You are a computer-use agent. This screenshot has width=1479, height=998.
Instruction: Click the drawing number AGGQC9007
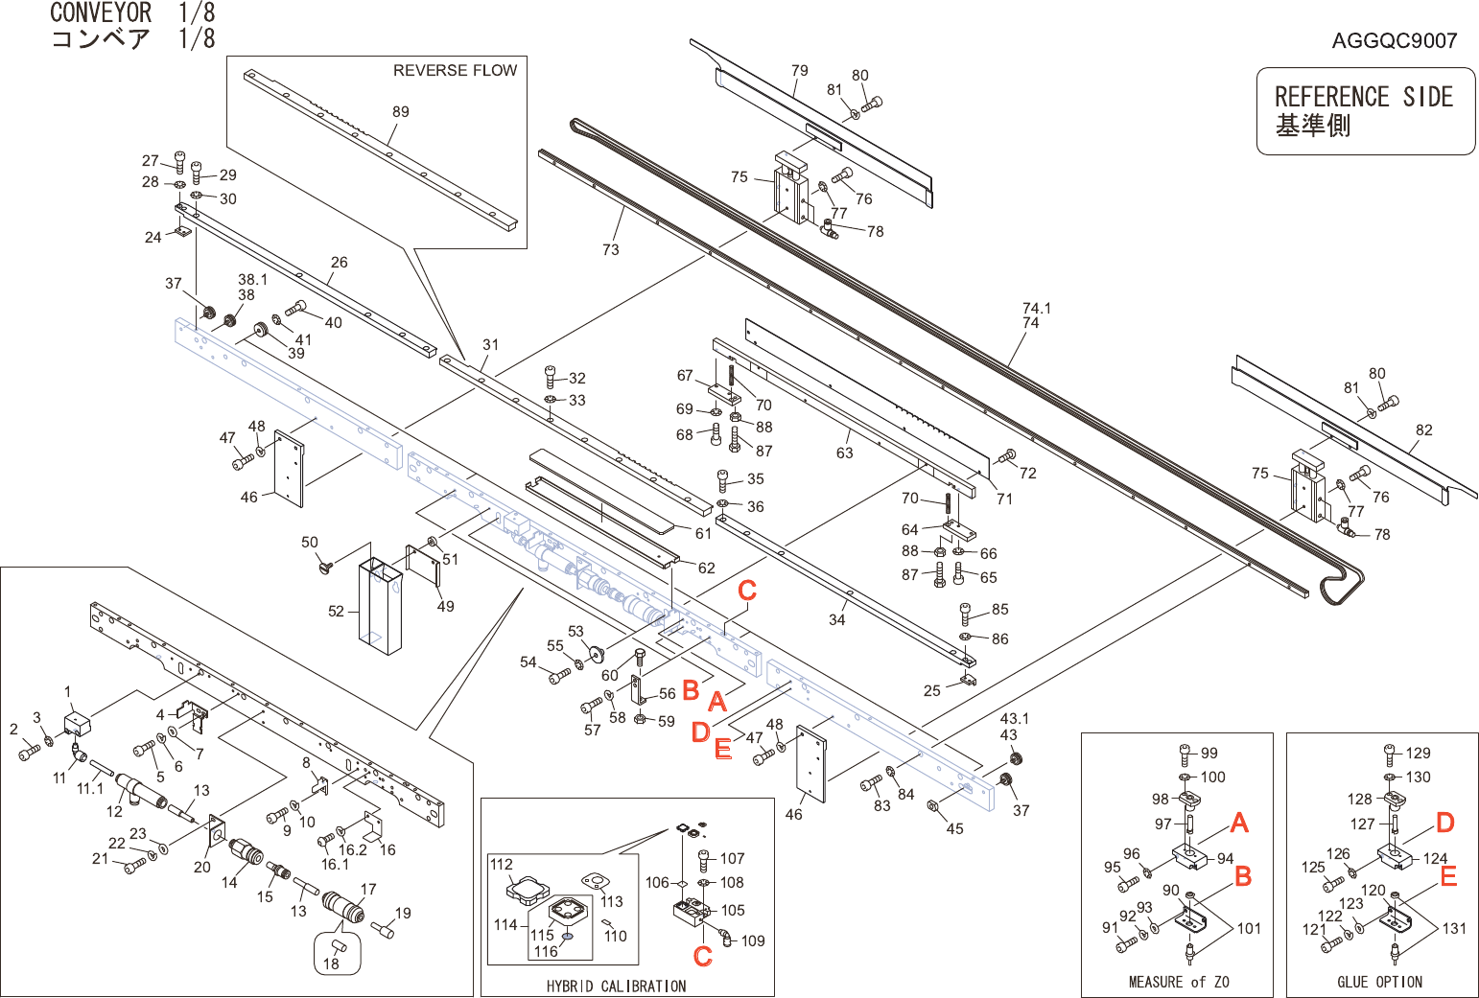pos(1394,41)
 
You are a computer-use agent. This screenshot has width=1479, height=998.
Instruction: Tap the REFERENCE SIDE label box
pos(1366,111)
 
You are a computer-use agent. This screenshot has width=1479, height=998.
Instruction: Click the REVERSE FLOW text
pos(455,71)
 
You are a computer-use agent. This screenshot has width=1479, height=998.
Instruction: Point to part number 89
pos(401,111)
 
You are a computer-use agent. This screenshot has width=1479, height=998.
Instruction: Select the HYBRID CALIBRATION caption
pos(616,986)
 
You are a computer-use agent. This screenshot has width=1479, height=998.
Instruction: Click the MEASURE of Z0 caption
pos(1179,982)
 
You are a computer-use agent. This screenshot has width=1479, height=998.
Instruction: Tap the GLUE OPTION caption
pos(1380,982)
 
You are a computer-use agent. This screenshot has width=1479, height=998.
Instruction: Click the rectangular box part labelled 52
pos(380,606)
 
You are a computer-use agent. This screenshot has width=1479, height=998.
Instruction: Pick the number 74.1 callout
pos(1037,309)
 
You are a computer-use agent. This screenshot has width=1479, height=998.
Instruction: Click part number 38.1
pos(252,280)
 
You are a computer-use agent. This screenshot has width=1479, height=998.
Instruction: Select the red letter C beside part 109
pos(702,957)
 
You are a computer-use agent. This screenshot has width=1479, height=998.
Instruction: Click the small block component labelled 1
pos(78,725)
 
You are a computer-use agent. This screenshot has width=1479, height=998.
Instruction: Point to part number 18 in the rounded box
pos(331,963)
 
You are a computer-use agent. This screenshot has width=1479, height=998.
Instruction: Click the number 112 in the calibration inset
pos(501,864)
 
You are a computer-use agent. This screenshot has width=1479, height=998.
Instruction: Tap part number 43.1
pos(1014,719)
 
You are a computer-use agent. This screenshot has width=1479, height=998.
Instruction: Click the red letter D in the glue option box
pos(1445,823)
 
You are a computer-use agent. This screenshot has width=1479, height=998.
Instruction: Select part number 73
pos(611,249)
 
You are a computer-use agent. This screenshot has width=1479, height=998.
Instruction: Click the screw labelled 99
pos(1185,754)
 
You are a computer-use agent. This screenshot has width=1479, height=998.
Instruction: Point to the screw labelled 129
pos(1390,754)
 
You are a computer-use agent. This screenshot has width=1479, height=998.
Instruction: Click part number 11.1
pos(90,788)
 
